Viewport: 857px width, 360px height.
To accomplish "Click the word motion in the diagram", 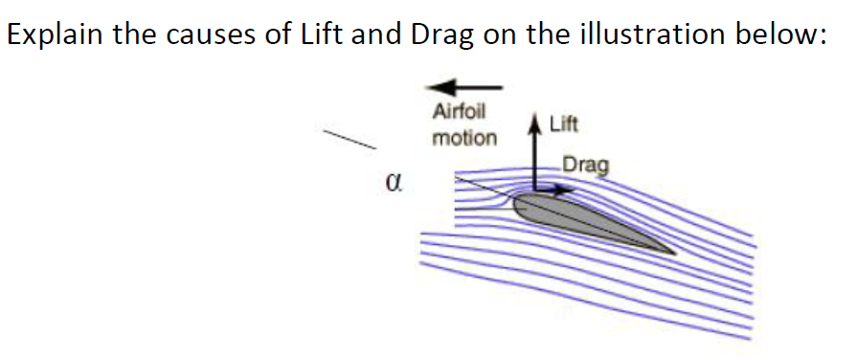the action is pos(464,137).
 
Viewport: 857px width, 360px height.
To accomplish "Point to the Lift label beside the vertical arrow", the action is pos(563,124).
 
